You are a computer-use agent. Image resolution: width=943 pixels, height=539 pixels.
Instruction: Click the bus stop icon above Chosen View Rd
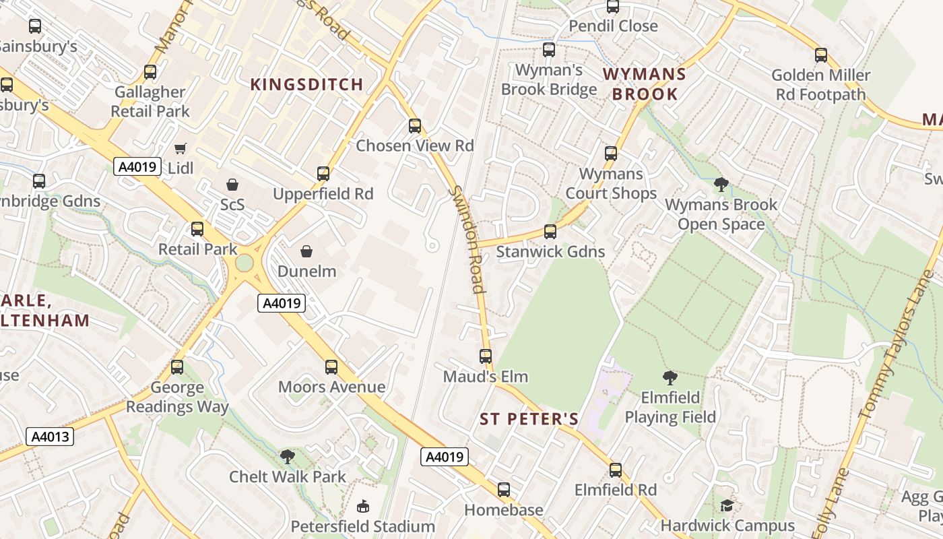click(415, 126)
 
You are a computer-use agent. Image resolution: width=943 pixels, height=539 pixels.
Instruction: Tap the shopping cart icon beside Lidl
click(180, 148)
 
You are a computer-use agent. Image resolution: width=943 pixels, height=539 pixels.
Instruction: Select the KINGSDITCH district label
click(307, 84)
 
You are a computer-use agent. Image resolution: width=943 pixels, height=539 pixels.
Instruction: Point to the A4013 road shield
click(51, 437)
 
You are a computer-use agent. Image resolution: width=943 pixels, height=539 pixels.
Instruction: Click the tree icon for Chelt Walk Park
click(288, 457)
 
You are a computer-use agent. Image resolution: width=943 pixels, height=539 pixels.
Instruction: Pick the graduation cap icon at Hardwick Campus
click(727, 505)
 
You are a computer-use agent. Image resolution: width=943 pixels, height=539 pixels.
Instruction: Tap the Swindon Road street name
click(468, 239)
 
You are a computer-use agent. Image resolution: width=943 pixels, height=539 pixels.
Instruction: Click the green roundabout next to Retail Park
click(244, 262)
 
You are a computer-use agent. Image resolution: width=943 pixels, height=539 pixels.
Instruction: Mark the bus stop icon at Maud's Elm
click(486, 356)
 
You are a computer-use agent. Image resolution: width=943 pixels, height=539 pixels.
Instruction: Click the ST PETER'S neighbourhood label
click(529, 419)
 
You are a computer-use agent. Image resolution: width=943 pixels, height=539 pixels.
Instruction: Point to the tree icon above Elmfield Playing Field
click(670, 377)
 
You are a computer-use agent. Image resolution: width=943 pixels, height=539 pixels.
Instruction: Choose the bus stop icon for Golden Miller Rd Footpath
click(821, 55)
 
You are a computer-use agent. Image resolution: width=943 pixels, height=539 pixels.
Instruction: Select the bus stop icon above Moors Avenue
click(331, 367)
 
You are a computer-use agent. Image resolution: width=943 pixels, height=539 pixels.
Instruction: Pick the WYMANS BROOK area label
click(645, 84)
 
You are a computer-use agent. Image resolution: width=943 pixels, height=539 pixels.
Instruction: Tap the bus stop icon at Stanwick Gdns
click(550, 232)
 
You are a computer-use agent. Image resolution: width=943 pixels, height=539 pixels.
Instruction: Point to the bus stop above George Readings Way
click(177, 367)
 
